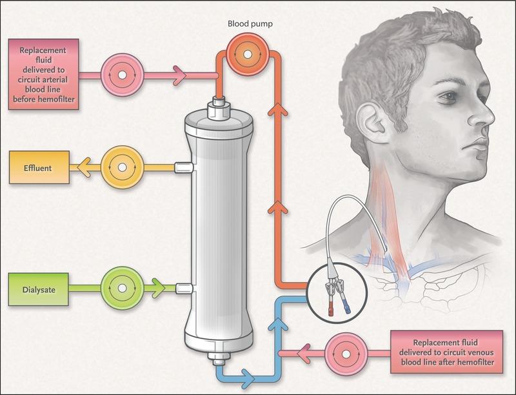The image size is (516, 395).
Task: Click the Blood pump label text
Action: [x=250, y=24]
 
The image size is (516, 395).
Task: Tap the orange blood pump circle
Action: [x=248, y=54]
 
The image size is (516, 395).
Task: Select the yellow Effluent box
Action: [x=39, y=168]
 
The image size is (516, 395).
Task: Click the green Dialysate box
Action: [x=39, y=290]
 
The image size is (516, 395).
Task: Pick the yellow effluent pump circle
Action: [x=122, y=168]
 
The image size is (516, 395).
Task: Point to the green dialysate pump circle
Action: [x=122, y=289]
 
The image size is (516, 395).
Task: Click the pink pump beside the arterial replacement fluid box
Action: [x=122, y=75]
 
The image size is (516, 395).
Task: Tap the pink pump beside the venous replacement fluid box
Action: [x=346, y=354]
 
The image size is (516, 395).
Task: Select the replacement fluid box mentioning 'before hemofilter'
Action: [x=43, y=74]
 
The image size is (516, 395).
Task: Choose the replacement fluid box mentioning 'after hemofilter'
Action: [x=446, y=352]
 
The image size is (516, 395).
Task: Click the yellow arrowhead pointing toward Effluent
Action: [x=84, y=168]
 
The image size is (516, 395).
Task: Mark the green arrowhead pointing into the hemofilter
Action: [x=158, y=289]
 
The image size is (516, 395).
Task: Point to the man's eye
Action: [x=448, y=96]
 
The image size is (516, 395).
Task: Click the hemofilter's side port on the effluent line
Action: [x=184, y=168]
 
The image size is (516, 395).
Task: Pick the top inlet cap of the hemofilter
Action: [x=219, y=108]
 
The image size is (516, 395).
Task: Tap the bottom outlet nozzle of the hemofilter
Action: [x=219, y=359]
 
